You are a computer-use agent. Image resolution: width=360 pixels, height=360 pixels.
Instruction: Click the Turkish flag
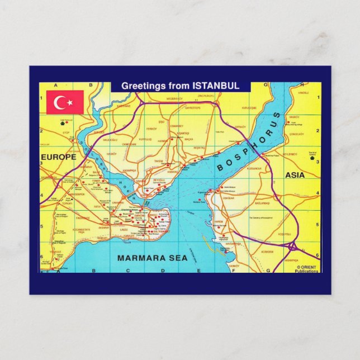[65, 102]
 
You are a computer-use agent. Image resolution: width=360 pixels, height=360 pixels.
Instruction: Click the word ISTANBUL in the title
[216, 86]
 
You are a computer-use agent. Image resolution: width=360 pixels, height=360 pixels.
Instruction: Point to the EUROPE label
[58, 158]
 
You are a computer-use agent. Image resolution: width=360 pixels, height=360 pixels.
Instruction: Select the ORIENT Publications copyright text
[307, 269]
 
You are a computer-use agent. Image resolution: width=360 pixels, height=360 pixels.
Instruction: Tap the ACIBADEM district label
[267, 252]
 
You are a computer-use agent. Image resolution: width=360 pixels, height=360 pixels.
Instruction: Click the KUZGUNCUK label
[254, 168]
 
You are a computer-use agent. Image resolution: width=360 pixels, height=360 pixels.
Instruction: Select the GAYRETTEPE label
[193, 107]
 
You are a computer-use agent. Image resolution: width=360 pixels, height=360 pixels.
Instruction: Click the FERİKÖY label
[151, 129]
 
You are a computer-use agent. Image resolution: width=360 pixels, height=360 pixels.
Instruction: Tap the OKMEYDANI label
[129, 144]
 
